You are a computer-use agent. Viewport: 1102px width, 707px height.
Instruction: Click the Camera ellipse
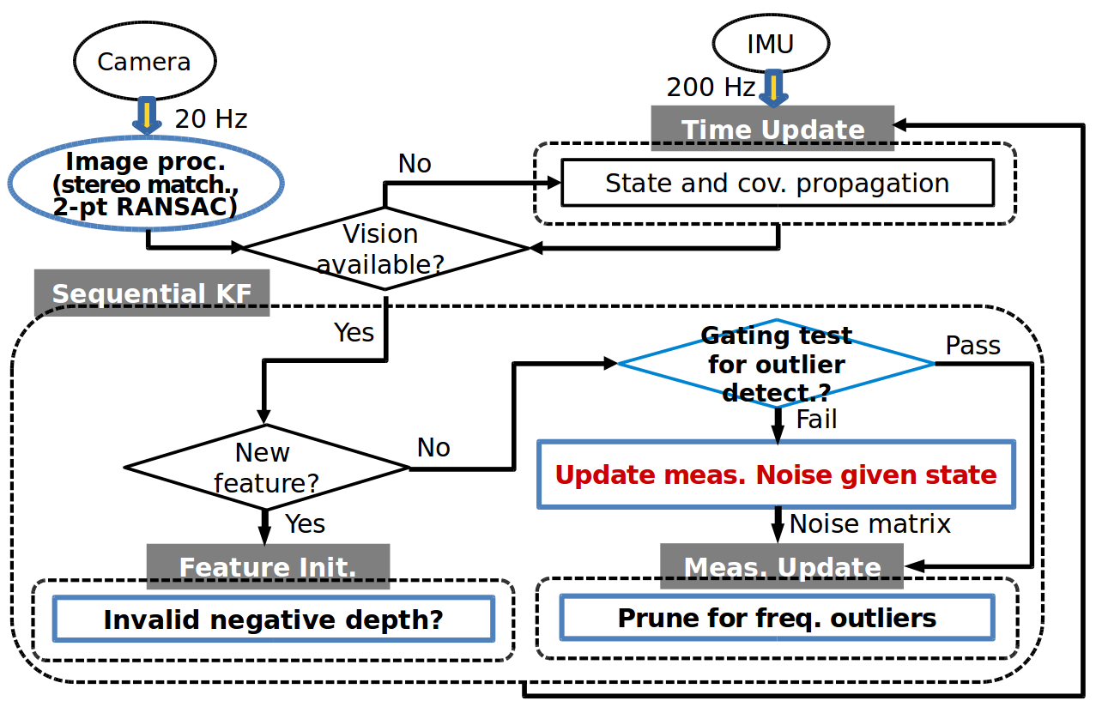(143, 62)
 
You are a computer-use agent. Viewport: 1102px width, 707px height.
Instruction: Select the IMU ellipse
(770, 44)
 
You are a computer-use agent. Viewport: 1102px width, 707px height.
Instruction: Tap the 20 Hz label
(211, 118)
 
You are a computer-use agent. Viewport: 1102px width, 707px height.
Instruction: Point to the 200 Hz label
(711, 87)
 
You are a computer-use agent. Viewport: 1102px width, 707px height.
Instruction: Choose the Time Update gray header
(772, 129)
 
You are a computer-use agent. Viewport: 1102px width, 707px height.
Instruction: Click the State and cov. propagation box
(777, 183)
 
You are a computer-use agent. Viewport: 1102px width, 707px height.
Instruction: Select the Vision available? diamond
(385, 248)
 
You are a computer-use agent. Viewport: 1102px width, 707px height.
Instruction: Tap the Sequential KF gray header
(152, 293)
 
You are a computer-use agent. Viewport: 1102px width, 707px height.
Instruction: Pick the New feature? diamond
(267, 468)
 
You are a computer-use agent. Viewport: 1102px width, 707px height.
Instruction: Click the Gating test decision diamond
(776, 364)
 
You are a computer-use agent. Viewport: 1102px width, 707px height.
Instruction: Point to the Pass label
(972, 345)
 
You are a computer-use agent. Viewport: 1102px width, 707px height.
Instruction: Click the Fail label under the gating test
(816, 420)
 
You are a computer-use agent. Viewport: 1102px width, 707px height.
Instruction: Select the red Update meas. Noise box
(776, 474)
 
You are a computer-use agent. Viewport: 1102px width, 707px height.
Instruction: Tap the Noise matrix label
(869, 523)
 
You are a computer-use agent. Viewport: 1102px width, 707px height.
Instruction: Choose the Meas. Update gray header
(782, 566)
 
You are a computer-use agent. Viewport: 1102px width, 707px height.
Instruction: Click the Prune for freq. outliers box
(776, 618)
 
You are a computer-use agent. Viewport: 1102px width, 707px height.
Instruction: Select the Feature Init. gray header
(268, 566)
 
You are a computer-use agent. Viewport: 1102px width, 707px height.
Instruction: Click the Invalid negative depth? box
(274, 619)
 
